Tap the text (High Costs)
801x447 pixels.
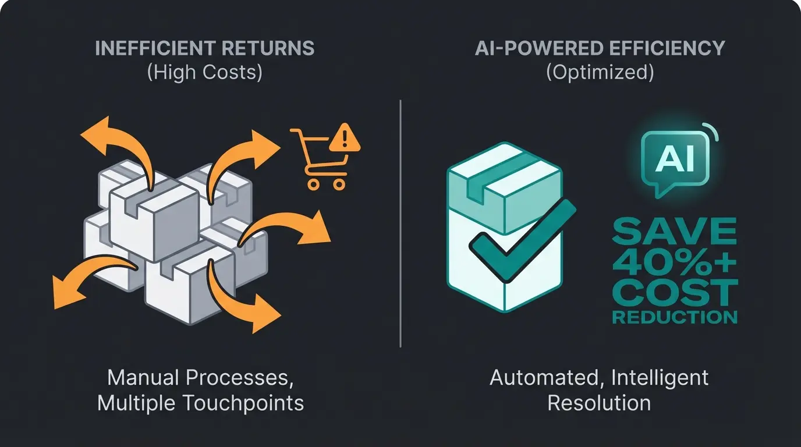coord(204,72)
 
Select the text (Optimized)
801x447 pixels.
coord(600,72)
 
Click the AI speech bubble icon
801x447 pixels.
coord(675,160)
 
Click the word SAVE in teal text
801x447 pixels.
coord(674,232)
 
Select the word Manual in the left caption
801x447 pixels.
coord(144,378)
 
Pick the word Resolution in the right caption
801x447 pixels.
coord(600,403)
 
